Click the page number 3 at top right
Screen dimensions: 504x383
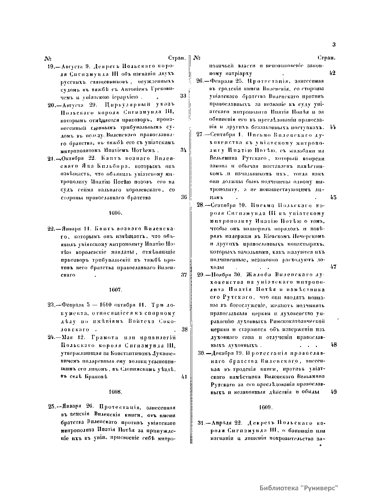(334, 45)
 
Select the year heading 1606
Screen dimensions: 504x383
(113, 212)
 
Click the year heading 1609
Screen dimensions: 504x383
(265, 407)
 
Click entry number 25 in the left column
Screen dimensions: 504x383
(51, 407)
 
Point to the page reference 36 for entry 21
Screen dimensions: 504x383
(184, 197)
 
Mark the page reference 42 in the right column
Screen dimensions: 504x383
(332, 73)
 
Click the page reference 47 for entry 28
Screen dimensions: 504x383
(333, 267)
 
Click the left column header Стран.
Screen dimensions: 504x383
(177, 58)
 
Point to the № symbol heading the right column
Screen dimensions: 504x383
(197, 58)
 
